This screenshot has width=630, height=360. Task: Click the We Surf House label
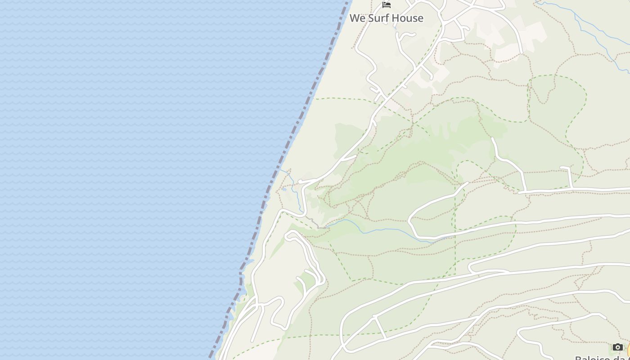(386, 18)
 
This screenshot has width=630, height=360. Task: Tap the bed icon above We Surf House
(386, 5)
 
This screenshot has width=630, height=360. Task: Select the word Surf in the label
(378, 18)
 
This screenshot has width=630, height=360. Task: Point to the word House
(407, 18)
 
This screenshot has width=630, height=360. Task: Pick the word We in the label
(357, 18)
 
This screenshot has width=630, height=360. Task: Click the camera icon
(617, 347)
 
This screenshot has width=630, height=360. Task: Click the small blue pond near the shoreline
(284, 189)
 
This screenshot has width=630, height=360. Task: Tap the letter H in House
(394, 18)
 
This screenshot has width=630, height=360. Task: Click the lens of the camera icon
(617, 347)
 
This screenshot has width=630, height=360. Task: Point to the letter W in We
(355, 18)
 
